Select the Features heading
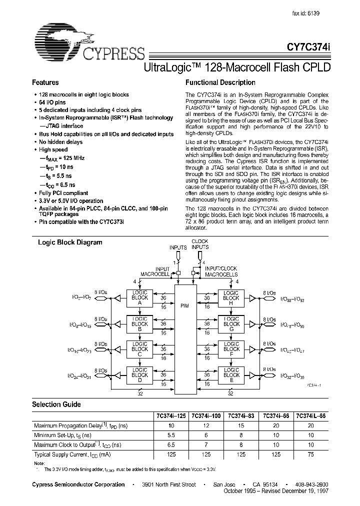click(45, 82)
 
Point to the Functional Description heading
click(220, 82)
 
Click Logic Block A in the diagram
click(139, 299)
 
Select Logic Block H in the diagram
click(231, 299)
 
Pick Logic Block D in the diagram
click(139, 374)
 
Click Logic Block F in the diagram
click(231, 349)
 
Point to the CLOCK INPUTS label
click(200, 244)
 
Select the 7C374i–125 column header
click(171, 416)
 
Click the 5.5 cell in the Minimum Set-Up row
click(171, 435)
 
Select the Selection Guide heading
click(56, 404)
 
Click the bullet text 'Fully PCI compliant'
click(64, 193)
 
